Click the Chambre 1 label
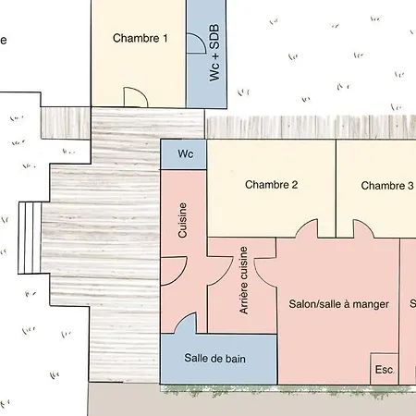(x=141, y=38)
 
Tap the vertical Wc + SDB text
(x=214, y=53)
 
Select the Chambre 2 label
(x=272, y=185)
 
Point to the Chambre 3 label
(x=387, y=186)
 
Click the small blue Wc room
(x=183, y=154)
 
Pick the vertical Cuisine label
(x=182, y=220)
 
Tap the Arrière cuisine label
(x=243, y=280)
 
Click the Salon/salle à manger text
(x=339, y=304)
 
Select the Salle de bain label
(x=214, y=359)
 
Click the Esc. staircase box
(x=385, y=369)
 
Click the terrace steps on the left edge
(x=30, y=238)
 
